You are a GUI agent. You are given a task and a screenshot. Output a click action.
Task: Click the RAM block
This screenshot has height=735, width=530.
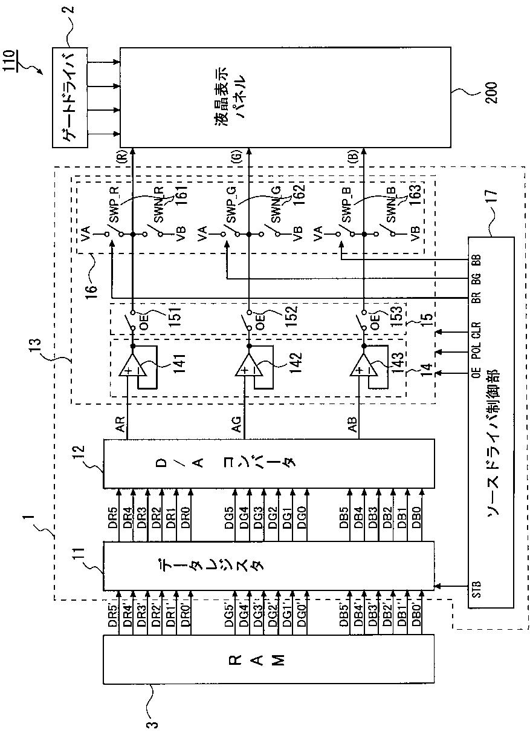(269, 672)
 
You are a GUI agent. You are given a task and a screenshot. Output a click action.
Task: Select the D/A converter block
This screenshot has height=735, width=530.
(269, 463)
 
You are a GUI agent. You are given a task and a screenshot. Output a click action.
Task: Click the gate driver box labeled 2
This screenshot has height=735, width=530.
(70, 97)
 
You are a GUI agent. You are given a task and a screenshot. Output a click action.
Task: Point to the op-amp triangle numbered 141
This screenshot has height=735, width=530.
(131, 365)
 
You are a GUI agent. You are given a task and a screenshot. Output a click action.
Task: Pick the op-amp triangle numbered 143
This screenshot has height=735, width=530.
(362, 365)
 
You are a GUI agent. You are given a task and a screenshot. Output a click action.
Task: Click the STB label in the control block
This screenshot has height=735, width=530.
(476, 589)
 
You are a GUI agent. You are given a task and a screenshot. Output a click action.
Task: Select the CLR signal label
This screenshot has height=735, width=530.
(476, 331)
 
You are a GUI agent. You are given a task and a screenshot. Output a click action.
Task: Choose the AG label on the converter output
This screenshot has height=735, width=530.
(237, 424)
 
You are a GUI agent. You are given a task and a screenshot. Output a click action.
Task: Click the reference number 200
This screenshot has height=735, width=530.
(492, 93)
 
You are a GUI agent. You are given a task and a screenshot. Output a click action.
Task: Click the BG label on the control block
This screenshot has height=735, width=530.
(476, 279)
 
